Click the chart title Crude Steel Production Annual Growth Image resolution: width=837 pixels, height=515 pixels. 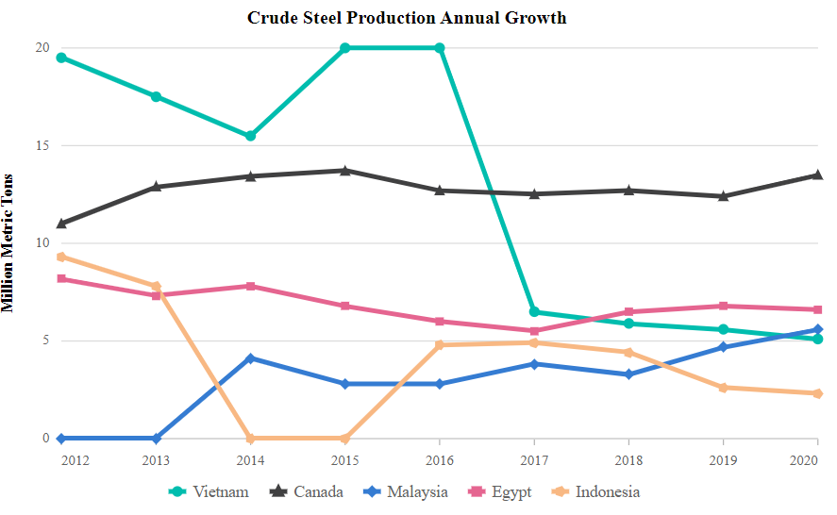[x=407, y=18]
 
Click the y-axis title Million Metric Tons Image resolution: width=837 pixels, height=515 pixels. [x=8, y=243]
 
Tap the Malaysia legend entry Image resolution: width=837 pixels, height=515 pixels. [x=407, y=491]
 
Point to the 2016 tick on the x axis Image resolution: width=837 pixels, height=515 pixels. [x=440, y=459]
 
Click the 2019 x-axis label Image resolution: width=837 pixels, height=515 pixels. [x=723, y=459]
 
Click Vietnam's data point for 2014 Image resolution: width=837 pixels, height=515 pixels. [x=251, y=136]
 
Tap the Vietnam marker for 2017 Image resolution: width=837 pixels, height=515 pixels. [x=534, y=312]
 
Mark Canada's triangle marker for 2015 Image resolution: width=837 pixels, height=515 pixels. [x=345, y=171]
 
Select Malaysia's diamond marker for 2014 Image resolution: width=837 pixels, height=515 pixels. [x=251, y=358]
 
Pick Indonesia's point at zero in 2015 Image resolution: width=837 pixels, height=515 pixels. [x=345, y=439]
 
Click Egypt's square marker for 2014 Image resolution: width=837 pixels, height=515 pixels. [x=251, y=286]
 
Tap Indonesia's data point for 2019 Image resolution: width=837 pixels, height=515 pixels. [x=723, y=388]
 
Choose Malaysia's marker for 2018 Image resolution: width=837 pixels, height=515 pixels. [x=628, y=374]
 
